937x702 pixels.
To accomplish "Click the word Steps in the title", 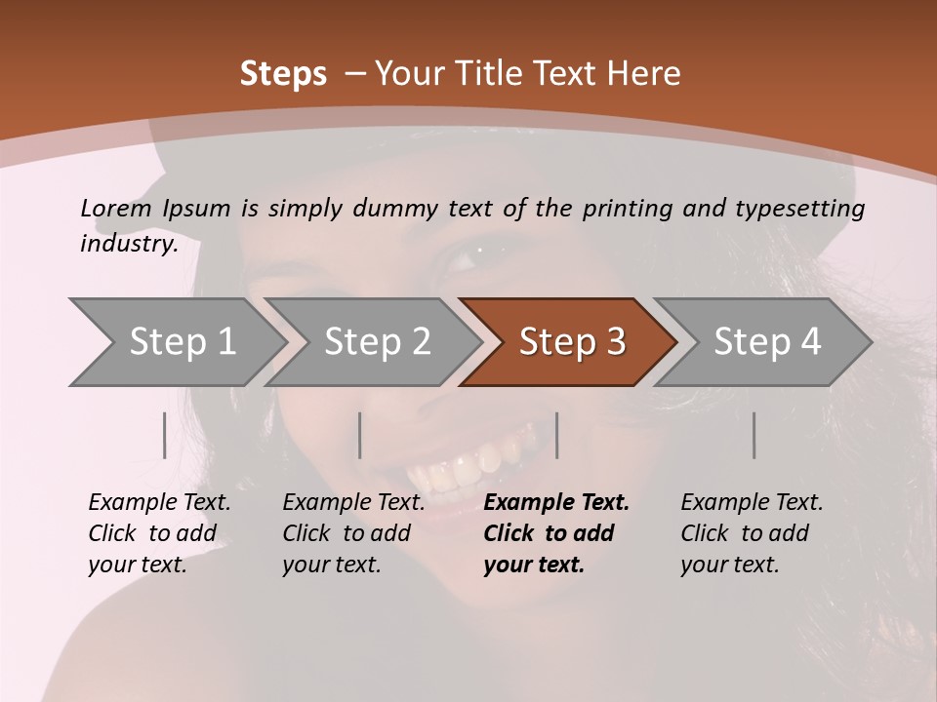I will pos(283,74).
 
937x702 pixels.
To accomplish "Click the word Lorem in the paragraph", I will pos(116,208).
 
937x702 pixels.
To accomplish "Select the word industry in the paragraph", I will pos(127,243).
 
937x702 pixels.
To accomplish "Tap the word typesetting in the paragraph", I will pos(806,209).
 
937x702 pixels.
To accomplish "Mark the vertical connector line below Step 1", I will pos(164,435).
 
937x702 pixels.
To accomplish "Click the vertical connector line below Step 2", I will pos(360,435).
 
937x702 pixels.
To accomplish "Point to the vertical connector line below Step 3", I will pos(556,435).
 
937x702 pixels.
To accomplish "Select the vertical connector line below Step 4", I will pos(754,435).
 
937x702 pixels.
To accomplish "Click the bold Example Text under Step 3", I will pos(556,503).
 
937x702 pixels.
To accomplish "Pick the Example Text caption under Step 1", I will pos(159,503).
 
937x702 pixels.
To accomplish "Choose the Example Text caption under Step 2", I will pos(353,503).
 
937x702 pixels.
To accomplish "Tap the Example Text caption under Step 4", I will pos(752,503).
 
